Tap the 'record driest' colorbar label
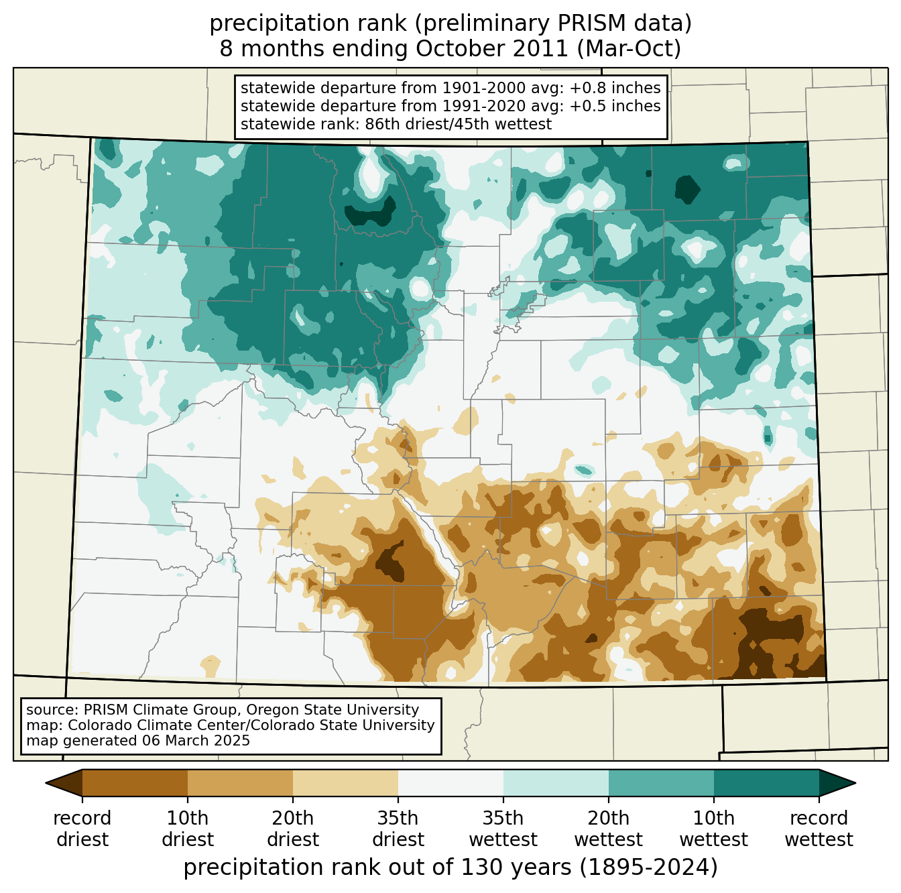82,829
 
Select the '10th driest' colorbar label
188,829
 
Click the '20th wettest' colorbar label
609,829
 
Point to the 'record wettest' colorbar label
819,829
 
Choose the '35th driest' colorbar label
398,829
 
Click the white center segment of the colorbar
450,782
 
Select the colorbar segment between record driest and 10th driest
135,782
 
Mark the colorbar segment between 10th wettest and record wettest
766,782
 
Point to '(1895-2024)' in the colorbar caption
648,868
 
